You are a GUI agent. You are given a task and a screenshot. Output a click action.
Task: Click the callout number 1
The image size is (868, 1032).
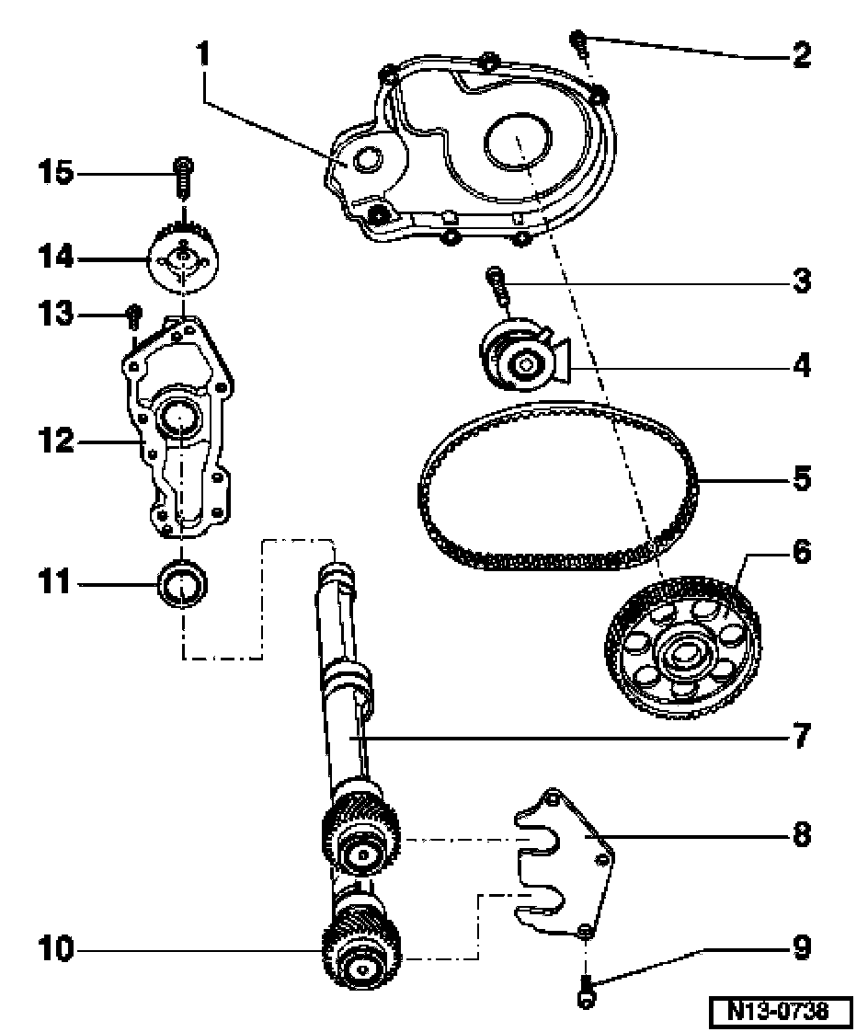tap(202, 53)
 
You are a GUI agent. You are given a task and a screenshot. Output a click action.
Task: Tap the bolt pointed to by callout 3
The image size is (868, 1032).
tap(497, 287)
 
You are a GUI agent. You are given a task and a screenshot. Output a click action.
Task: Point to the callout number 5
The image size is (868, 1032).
tap(801, 478)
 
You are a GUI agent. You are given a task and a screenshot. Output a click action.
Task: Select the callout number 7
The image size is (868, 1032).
tap(801, 735)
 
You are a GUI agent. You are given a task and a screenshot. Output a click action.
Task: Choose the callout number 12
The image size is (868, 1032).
tap(55, 441)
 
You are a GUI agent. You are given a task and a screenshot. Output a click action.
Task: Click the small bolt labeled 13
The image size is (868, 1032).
tap(133, 317)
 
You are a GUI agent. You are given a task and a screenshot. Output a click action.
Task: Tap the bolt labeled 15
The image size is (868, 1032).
tap(183, 177)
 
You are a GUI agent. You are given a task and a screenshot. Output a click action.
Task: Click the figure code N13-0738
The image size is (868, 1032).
tap(779, 1010)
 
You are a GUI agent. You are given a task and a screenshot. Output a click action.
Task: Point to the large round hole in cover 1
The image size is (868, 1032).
tap(518, 141)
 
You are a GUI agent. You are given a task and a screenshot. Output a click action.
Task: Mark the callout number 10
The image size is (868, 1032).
tap(55, 949)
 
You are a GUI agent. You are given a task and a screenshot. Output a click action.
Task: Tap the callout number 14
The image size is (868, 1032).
tap(55, 257)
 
